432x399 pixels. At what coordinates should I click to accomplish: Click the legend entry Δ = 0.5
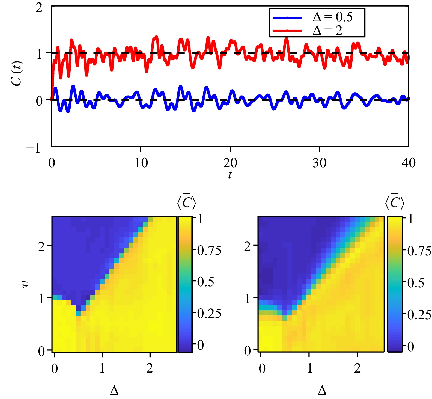pyautogui.click(x=332, y=17)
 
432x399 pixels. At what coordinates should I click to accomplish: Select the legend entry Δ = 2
pyautogui.click(x=327, y=30)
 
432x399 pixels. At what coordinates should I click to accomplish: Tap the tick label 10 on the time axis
pyautogui.click(x=141, y=163)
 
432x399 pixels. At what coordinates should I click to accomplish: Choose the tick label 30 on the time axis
pyautogui.click(x=319, y=163)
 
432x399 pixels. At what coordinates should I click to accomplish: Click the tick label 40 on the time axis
pyautogui.click(x=409, y=163)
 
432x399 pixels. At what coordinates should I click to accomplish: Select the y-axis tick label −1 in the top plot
pyautogui.click(x=33, y=148)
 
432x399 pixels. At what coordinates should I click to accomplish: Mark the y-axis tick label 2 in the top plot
pyautogui.click(x=39, y=8)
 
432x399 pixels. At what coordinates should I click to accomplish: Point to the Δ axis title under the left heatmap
pyautogui.click(x=114, y=390)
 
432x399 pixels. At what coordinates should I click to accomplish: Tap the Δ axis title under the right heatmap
pyautogui.click(x=322, y=390)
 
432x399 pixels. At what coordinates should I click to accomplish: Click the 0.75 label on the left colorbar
pyautogui.click(x=209, y=250)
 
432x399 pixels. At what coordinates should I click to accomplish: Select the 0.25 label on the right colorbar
pyautogui.click(x=419, y=315)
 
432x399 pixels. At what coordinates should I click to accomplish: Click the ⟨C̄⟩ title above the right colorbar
pyautogui.click(x=394, y=202)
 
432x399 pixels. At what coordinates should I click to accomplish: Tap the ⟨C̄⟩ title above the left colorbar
pyautogui.click(x=186, y=202)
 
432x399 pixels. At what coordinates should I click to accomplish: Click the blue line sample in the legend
pyautogui.click(x=287, y=18)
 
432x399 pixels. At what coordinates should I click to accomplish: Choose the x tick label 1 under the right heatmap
pyautogui.click(x=309, y=368)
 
